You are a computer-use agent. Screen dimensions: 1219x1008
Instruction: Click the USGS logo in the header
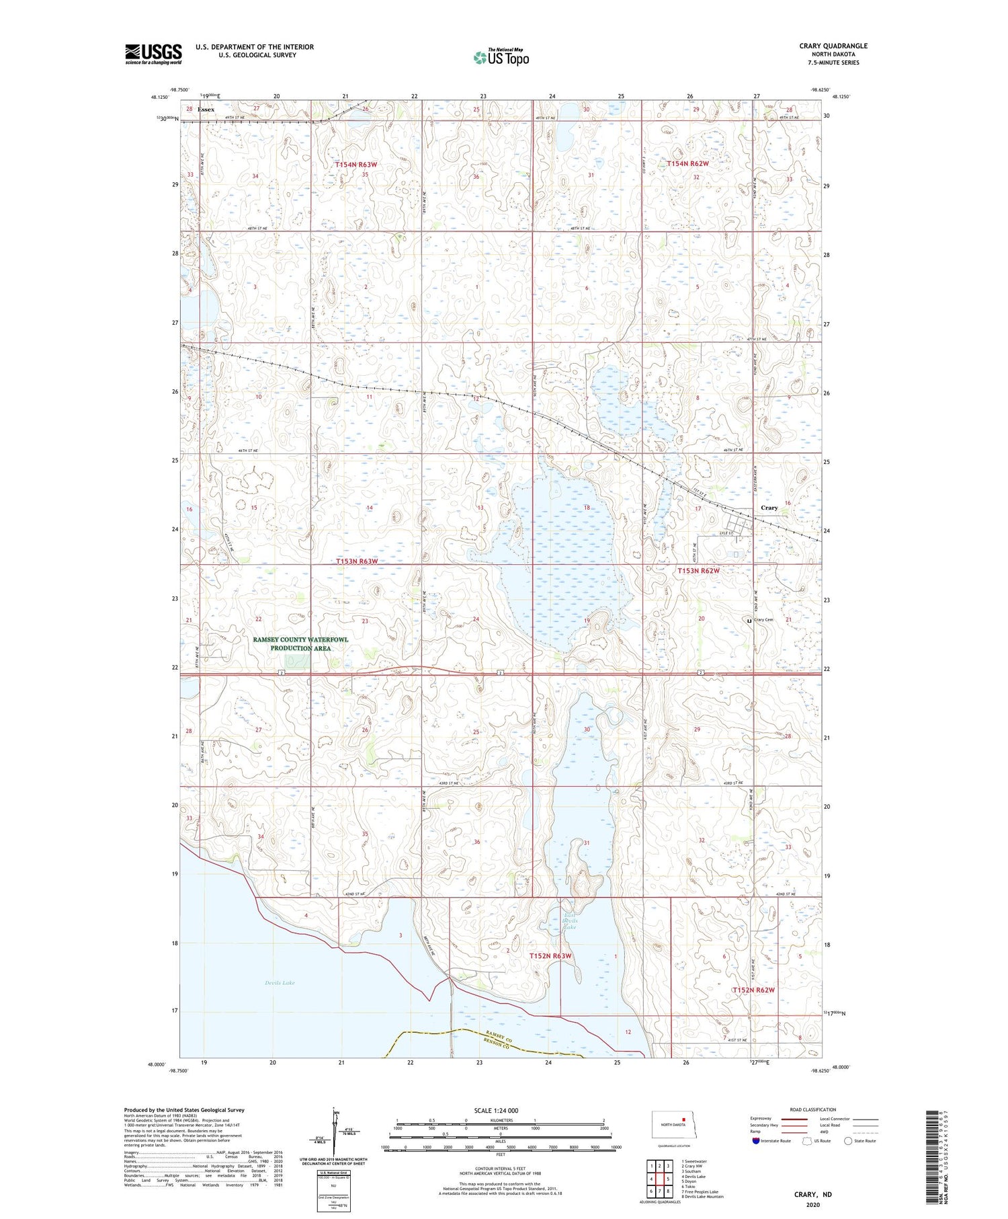tap(153, 54)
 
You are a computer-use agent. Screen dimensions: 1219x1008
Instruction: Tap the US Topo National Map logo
tap(500, 57)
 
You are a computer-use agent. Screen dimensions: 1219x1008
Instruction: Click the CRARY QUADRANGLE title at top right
tap(833, 46)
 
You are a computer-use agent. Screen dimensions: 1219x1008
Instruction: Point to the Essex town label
tap(206, 109)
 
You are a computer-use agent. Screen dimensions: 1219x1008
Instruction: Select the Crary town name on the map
tap(769, 508)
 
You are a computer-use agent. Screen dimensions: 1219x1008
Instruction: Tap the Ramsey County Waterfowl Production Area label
tap(300, 643)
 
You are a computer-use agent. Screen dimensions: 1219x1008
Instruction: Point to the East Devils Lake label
tap(570, 921)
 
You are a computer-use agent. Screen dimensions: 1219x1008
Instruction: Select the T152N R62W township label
tap(753, 990)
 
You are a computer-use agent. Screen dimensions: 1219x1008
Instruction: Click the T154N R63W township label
tap(356, 164)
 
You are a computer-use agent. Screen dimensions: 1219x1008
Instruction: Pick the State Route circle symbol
tap(848, 1140)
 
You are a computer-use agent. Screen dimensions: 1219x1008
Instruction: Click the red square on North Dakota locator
tap(683, 1119)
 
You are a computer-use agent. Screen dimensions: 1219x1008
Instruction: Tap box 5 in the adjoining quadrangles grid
tap(668, 1179)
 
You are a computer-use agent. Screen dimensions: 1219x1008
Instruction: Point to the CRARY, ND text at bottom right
tap(812, 1194)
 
